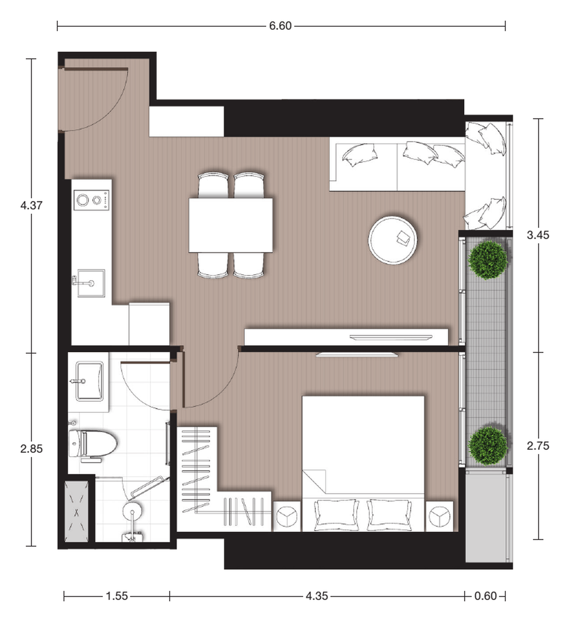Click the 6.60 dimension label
click(x=280, y=26)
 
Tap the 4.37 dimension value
click(x=31, y=205)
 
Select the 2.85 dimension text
click(x=31, y=449)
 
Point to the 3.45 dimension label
click(x=538, y=235)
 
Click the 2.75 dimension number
click(x=538, y=446)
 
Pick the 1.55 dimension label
click(x=117, y=596)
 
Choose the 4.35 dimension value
click(x=317, y=596)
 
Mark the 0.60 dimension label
click(x=485, y=596)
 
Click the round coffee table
click(x=393, y=240)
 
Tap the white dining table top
click(x=231, y=225)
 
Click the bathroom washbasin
click(x=89, y=381)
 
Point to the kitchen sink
click(x=91, y=283)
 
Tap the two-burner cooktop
click(x=91, y=200)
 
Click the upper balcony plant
click(x=488, y=260)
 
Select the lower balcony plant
click(x=488, y=446)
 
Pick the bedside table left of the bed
click(x=287, y=516)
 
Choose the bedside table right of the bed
click(x=440, y=516)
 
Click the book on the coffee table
click(x=403, y=237)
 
